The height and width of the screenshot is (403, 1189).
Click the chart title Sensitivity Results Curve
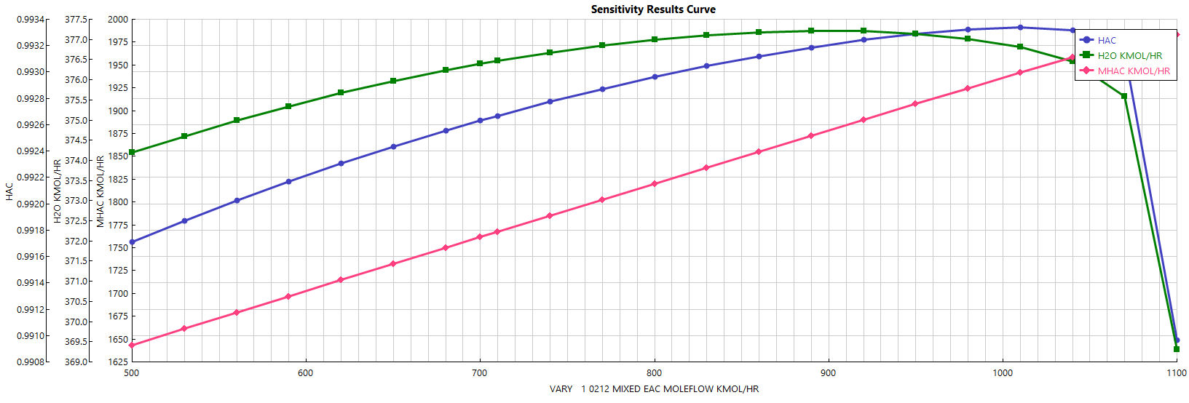click(653, 9)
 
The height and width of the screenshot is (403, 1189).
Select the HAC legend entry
click(1107, 41)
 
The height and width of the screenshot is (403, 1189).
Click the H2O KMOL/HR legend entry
click(1129, 56)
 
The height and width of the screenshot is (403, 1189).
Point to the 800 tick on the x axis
click(654, 373)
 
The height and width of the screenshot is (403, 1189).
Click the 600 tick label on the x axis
click(305, 373)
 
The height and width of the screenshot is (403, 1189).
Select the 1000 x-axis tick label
click(1003, 373)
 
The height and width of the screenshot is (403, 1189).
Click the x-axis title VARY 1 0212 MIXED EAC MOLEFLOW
click(654, 389)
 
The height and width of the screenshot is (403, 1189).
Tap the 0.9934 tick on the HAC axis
click(31, 20)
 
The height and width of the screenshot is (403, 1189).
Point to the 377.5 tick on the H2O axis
click(77, 20)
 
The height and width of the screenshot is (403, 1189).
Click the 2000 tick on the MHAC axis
click(118, 20)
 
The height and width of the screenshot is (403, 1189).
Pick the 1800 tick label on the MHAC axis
click(118, 202)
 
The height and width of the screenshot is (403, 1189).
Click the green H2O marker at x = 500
click(132, 153)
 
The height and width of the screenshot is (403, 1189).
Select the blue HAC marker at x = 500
click(132, 242)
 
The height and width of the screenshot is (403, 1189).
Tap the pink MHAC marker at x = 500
click(132, 345)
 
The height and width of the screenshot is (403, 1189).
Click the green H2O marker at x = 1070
click(1124, 96)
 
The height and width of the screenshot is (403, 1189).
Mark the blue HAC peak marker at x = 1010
click(1020, 28)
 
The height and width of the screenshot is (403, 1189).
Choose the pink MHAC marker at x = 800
click(655, 184)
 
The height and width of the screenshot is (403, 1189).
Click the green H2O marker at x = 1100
click(1177, 349)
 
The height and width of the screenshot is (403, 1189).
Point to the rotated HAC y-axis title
click(9, 191)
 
